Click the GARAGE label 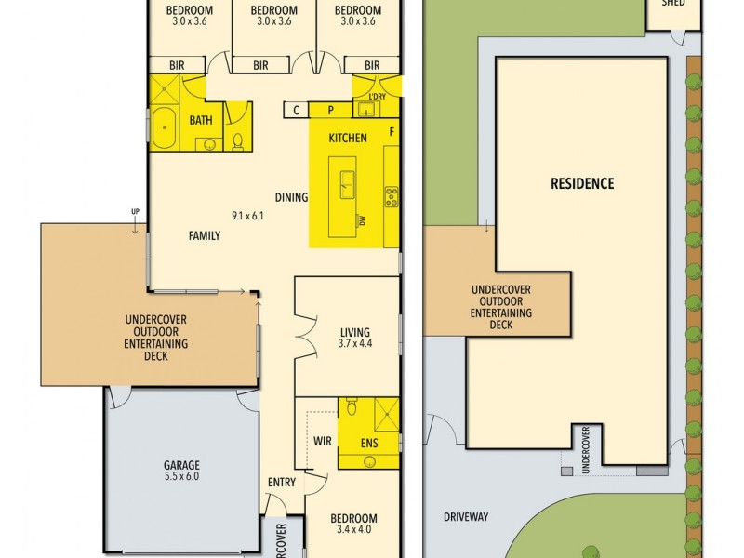point(182,465)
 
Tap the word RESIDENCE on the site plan point(582,183)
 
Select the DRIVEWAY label point(466,517)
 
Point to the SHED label point(673,4)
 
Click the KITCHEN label point(348,139)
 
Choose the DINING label point(291,197)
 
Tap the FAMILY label point(205,236)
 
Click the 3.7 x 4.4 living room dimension point(354,344)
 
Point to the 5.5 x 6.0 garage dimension point(182,476)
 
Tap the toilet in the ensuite point(351,407)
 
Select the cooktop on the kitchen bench point(392,196)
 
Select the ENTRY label point(281,482)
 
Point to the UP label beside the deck point(136,212)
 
